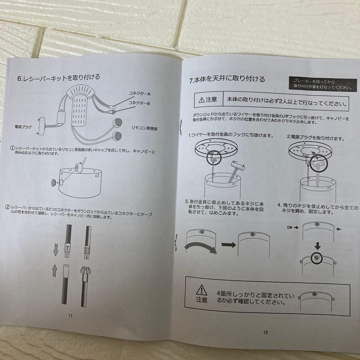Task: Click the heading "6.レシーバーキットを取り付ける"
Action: coord(59,78)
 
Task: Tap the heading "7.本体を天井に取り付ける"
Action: coord(227,79)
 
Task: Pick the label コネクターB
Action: coord(139,103)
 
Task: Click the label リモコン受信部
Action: coord(144,128)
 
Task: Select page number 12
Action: coord(265,332)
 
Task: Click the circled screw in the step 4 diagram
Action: coord(317,258)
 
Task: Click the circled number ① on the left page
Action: coord(12,147)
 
